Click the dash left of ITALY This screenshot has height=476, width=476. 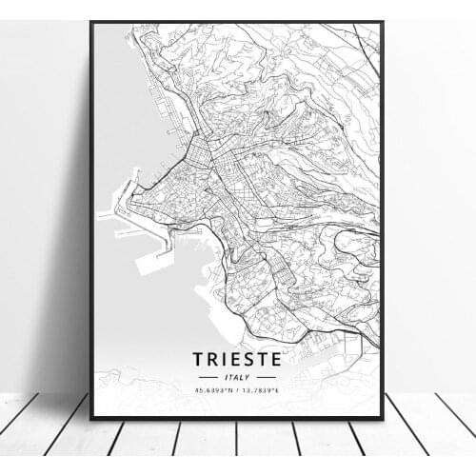point(211,377)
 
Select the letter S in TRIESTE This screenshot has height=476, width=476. point(251,359)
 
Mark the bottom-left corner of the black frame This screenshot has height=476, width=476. point(91,418)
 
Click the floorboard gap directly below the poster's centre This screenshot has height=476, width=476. point(238,447)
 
